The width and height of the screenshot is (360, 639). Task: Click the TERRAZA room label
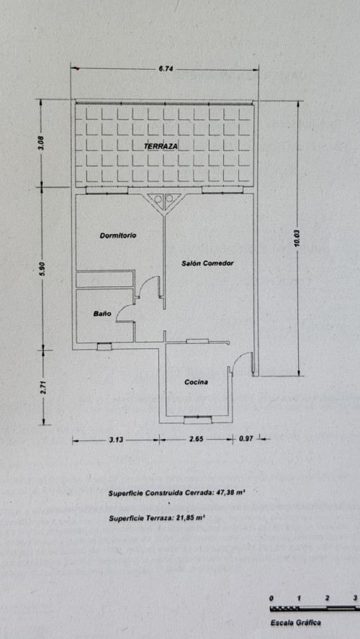pyautogui.click(x=161, y=146)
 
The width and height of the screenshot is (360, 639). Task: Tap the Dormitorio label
pyautogui.click(x=118, y=235)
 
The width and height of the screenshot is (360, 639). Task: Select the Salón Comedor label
pyautogui.click(x=207, y=263)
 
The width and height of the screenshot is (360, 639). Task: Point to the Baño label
pyautogui.click(x=102, y=314)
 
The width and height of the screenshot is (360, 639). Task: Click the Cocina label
pyautogui.click(x=197, y=382)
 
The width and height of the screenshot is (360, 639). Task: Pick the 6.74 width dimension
pyautogui.click(x=165, y=69)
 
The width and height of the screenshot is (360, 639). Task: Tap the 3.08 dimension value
pyautogui.click(x=46, y=142)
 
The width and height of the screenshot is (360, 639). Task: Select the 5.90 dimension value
pyautogui.click(x=42, y=268)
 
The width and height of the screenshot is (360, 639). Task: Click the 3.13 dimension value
pyautogui.click(x=117, y=440)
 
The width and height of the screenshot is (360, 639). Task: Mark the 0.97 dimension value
pyautogui.click(x=246, y=440)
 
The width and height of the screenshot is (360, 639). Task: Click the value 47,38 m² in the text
pyautogui.click(x=230, y=492)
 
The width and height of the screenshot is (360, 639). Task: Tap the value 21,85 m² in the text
pyautogui.click(x=190, y=518)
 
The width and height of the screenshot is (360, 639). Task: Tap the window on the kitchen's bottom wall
pyautogui.click(x=198, y=419)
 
